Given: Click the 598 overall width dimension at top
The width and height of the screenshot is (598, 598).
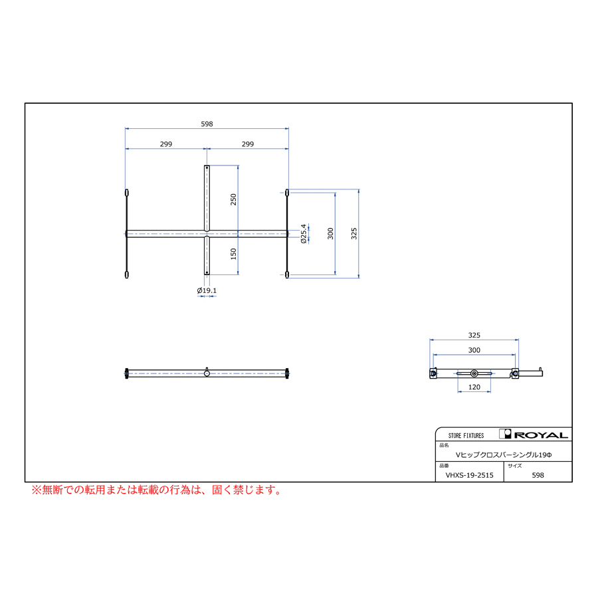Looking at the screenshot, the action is point(207,124).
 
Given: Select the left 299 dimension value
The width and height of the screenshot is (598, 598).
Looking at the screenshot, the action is point(166,144).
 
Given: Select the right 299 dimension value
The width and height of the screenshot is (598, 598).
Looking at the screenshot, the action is point(248,144).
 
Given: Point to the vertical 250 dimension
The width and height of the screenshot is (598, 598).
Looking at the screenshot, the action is point(233,199).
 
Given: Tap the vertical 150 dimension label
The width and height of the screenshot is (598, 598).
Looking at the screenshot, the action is point(233,254).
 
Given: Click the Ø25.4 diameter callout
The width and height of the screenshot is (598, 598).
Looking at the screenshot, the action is point(304,234).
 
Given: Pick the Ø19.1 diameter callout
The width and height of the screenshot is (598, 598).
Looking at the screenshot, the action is point(207,290).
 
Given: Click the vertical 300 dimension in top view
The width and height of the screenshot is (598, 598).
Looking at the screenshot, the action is point(330,233).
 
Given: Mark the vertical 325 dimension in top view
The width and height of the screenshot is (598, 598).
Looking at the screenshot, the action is point(354,233).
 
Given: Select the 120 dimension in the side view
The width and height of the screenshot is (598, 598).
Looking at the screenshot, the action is point(474,387).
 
